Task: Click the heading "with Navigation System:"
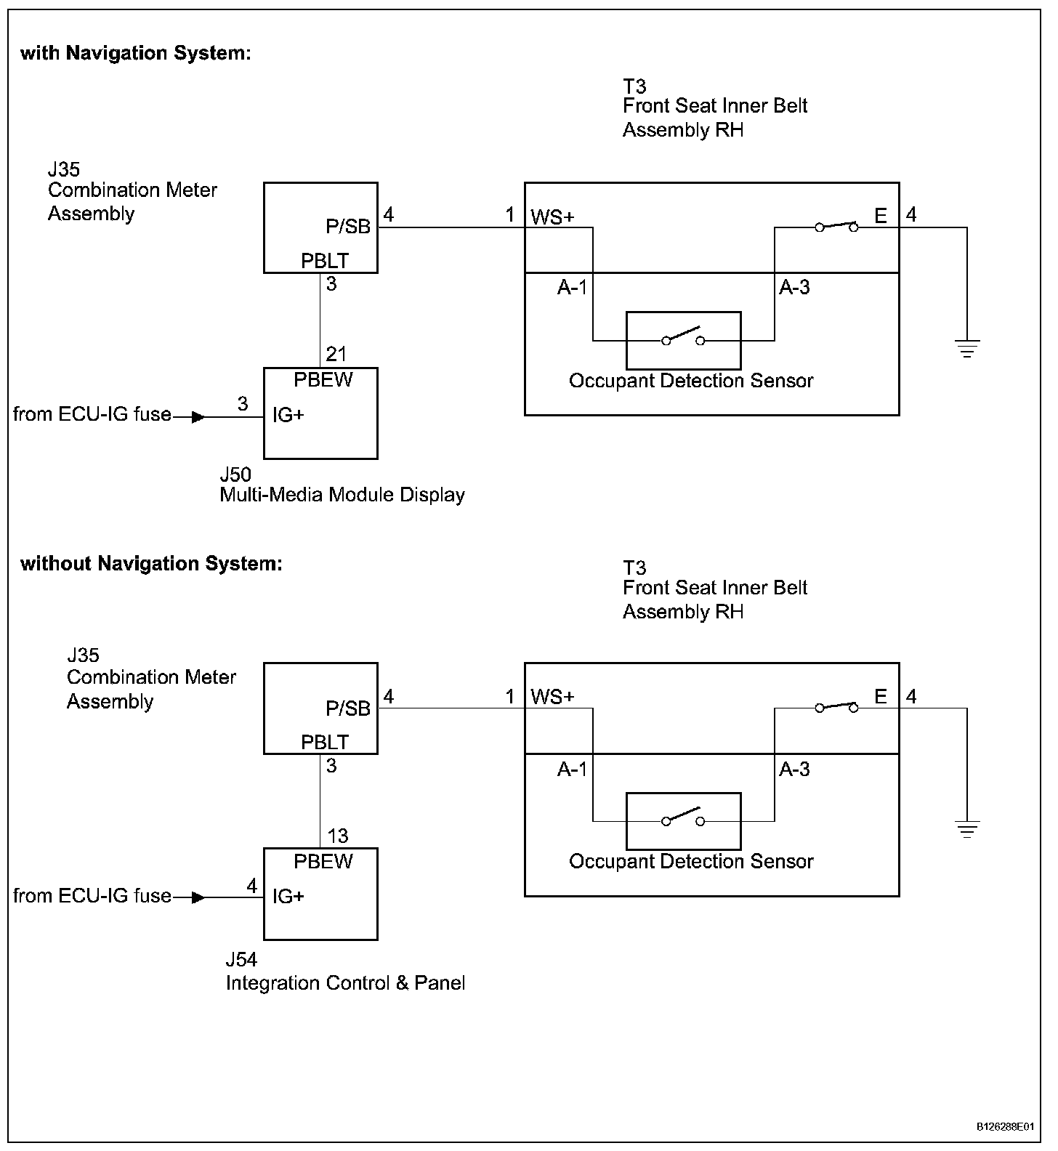136,53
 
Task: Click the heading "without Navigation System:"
151,564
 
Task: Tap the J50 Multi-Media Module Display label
342,485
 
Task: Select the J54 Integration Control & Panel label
345,972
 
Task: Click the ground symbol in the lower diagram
967,830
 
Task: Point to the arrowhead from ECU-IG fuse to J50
198,418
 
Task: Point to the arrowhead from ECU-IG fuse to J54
198,898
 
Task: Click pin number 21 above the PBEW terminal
336,355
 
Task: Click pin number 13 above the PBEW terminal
338,836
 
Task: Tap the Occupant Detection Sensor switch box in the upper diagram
684,341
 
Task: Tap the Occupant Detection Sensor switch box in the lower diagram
684,821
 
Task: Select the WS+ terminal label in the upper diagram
552,217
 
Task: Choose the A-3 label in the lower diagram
794,769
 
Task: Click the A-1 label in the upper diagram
572,288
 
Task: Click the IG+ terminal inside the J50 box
288,415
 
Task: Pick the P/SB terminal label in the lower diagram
348,708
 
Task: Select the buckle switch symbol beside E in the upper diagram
836,227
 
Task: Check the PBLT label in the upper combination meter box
325,261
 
